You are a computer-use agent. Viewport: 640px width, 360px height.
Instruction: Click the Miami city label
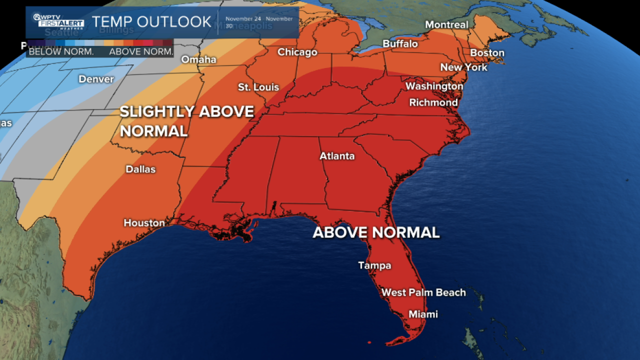[x=423, y=314]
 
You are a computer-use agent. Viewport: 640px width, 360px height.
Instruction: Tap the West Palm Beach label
[x=423, y=292]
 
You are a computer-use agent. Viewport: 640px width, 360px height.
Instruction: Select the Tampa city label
[x=374, y=265]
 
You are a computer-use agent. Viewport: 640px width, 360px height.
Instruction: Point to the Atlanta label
[x=337, y=156]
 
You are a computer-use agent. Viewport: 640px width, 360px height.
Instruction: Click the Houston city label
[x=144, y=223]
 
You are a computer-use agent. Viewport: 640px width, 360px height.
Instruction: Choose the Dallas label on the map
[x=140, y=169]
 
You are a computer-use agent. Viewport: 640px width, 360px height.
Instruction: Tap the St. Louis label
[x=258, y=87]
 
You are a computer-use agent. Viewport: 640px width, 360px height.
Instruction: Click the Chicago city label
[x=297, y=52]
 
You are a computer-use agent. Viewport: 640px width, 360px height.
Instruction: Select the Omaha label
[x=198, y=59]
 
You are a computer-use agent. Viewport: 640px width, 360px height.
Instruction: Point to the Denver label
[x=96, y=79]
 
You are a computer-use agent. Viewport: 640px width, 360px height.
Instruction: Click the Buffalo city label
[x=400, y=44]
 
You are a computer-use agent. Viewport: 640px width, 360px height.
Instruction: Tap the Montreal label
[x=446, y=24]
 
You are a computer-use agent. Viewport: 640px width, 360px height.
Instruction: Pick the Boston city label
[x=487, y=52]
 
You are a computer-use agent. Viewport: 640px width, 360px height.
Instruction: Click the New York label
[x=463, y=67]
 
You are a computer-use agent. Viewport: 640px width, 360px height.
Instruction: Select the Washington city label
[x=434, y=86]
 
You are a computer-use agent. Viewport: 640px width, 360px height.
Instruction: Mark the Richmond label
[x=433, y=102]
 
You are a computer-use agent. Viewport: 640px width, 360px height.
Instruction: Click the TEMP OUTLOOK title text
[x=151, y=21]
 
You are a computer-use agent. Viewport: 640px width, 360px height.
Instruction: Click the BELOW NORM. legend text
[x=61, y=51]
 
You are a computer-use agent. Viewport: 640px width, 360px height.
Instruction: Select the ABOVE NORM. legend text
[x=141, y=51]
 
